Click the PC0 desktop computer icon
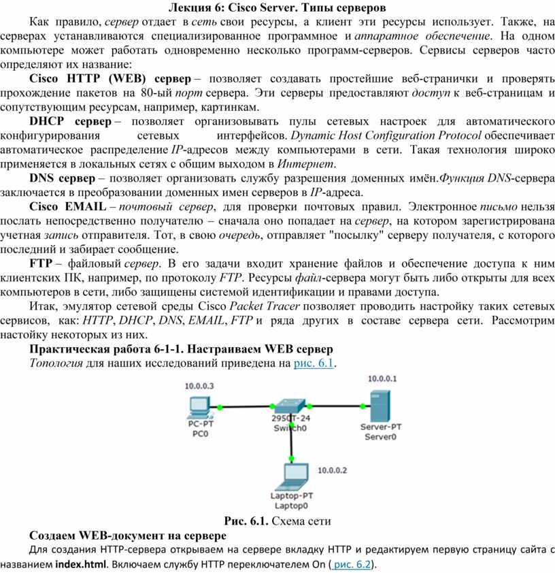point(199,406)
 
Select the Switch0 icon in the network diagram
point(290,408)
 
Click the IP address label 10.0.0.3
point(199,386)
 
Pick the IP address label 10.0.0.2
point(333,470)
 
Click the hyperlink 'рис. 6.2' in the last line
point(352,565)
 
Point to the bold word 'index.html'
point(82,565)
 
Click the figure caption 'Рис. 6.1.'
point(246,522)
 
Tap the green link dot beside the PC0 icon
point(222,408)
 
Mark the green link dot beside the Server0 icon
point(358,408)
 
